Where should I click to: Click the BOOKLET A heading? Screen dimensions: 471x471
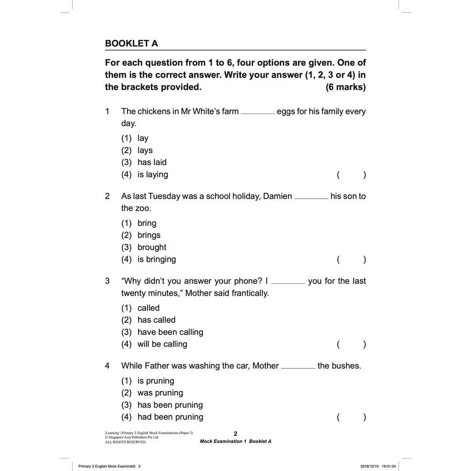(132, 44)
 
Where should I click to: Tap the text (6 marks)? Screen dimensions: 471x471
(345, 87)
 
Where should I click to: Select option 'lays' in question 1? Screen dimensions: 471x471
(145, 150)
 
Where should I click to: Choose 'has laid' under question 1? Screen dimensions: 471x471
(152, 162)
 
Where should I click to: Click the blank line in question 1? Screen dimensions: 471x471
(258, 113)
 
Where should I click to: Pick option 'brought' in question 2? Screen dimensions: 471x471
(152, 247)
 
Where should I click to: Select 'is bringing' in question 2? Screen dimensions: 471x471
(156, 259)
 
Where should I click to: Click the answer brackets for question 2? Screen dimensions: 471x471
(351, 259)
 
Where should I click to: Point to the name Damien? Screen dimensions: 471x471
(277, 196)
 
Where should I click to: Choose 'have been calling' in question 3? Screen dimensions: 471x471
(170, 332)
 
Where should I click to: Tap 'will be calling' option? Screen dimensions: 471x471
(162, 344)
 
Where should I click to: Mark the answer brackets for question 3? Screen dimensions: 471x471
(351, 344)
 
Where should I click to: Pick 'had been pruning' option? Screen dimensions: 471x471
(170, 417)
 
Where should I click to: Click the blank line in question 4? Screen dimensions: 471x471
(298, 368)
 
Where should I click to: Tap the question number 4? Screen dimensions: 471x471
(107, 366)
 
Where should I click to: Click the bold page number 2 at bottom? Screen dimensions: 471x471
(235, 433)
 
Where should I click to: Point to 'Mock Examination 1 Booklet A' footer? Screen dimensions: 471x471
(235, 442)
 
